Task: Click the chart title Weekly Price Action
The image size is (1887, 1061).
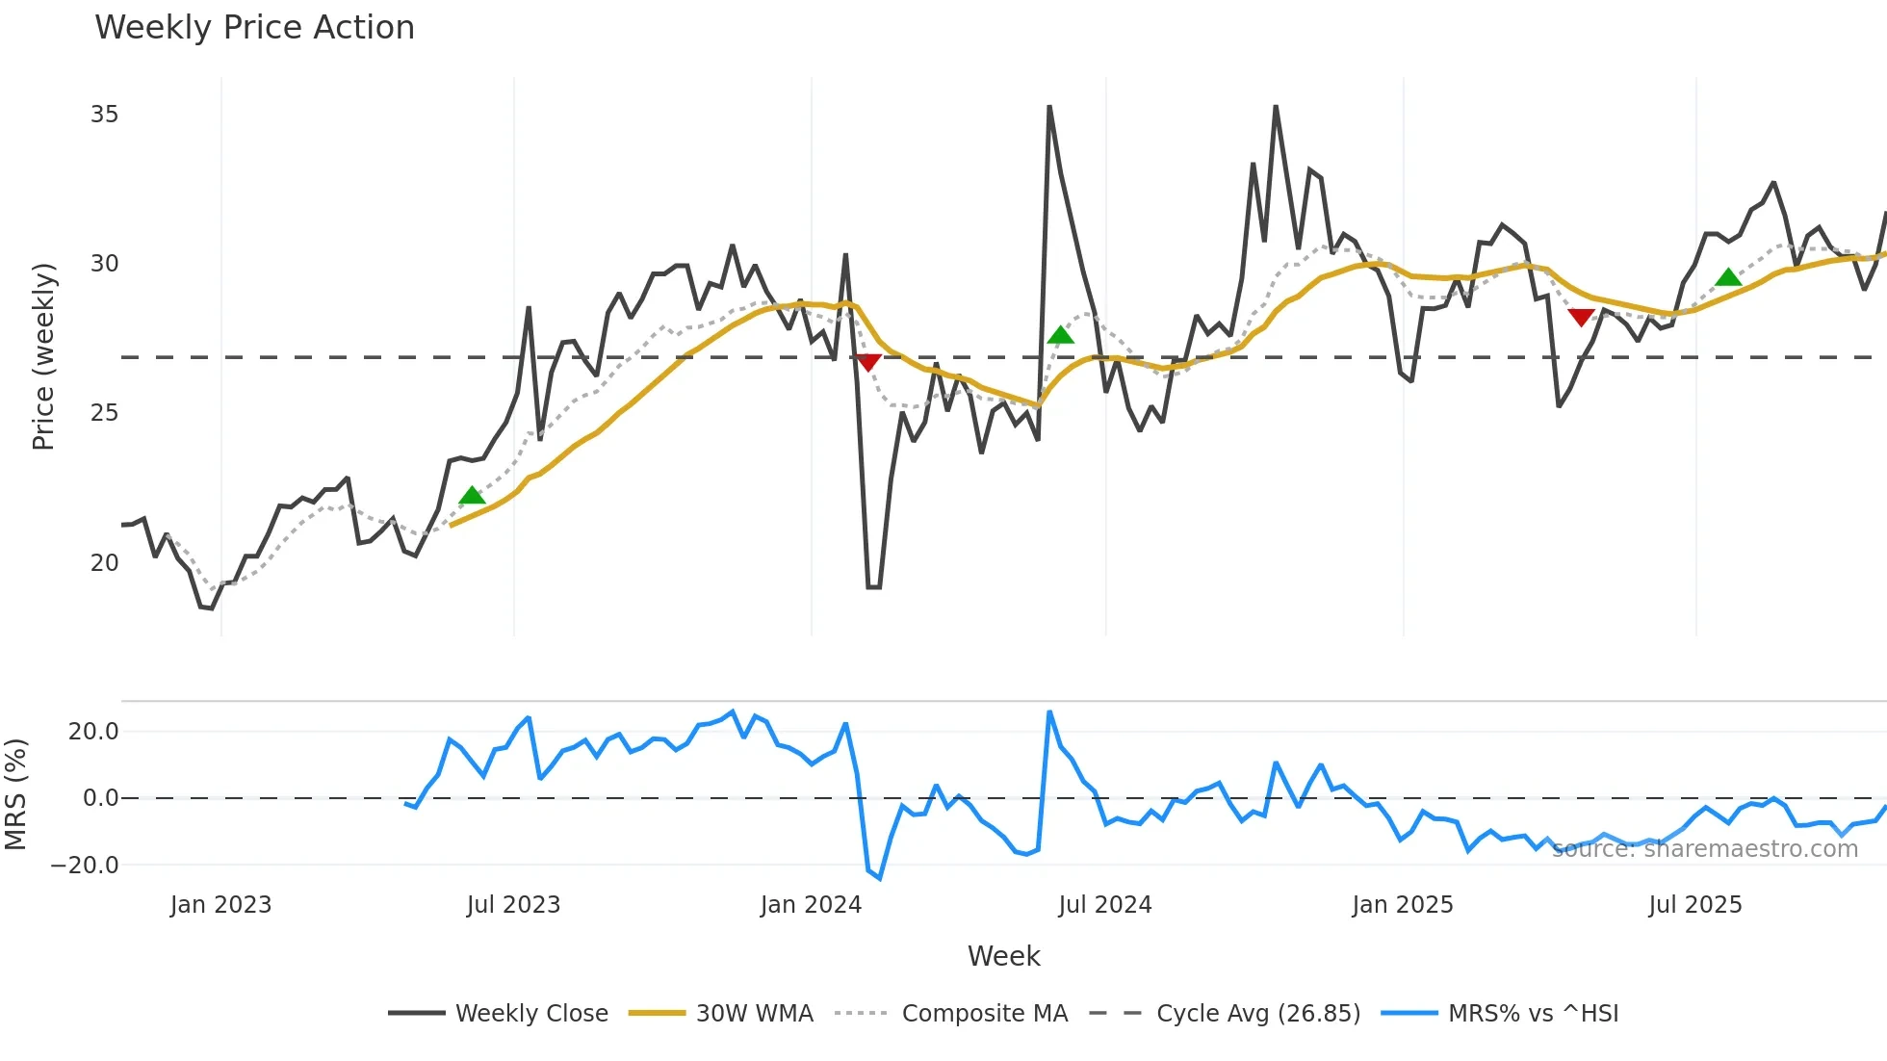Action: (x=254, y=28)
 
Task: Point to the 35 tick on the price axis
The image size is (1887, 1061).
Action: (x=104, y=115)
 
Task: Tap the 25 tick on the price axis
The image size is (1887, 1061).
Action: (x=104, y=413)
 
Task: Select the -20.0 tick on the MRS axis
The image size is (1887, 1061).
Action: (x=85, y=865)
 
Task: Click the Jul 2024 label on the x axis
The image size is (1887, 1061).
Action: (x=1104, y=905)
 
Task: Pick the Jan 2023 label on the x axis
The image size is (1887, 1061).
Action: (x=220, y=905)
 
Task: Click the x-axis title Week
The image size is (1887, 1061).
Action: (x=1003, y=956)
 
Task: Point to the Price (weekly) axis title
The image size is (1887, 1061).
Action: (x=43, y=356)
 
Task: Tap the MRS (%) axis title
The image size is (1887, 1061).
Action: (x=15, y=794)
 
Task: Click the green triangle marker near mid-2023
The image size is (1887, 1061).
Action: (x=472, y=496)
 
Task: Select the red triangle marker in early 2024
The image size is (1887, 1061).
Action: (x=868, y=362)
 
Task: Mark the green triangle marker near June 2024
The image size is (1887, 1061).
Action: (x=1060, y=335)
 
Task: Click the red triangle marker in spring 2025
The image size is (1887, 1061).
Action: (x=1581, y=317)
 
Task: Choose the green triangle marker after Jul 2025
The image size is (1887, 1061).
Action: (x=1728, y=277)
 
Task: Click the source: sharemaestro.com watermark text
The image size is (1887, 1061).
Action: (x=1704, y=849)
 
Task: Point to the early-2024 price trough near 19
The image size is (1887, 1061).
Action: (x=873, y=586)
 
